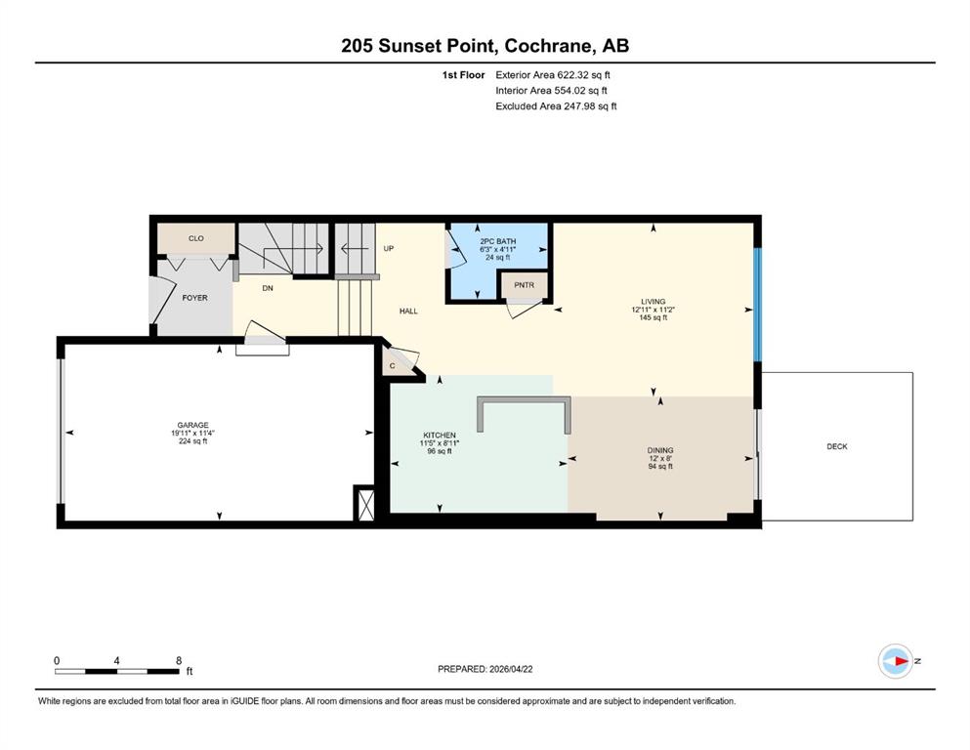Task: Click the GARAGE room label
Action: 192,425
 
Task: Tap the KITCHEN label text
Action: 440,436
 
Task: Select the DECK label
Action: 837,446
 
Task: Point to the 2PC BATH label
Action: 498,241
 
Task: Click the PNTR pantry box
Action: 524,285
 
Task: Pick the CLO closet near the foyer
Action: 196,238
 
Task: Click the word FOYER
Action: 194,298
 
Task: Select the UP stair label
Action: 389,249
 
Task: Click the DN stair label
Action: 268,288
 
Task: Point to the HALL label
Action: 408,311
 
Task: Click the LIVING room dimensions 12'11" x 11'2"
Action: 654,310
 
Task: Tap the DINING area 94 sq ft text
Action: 660,466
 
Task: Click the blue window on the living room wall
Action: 758,305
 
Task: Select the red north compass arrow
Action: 901,661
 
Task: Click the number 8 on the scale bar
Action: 179,660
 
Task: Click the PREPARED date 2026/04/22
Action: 511,669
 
